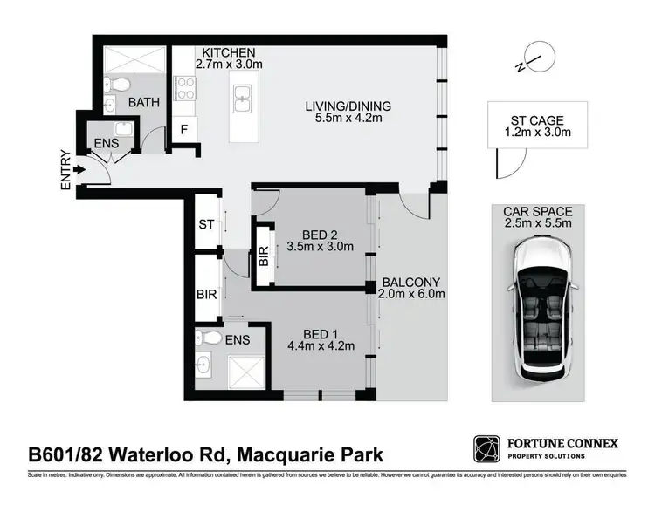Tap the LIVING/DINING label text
pos(348,106)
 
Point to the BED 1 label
pos(321,333)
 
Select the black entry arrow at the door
pos(79,171)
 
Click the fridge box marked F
pos(183,129)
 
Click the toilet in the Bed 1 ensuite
pos(207,338)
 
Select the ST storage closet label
pos(207,225)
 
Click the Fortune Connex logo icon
pos(486,450)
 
